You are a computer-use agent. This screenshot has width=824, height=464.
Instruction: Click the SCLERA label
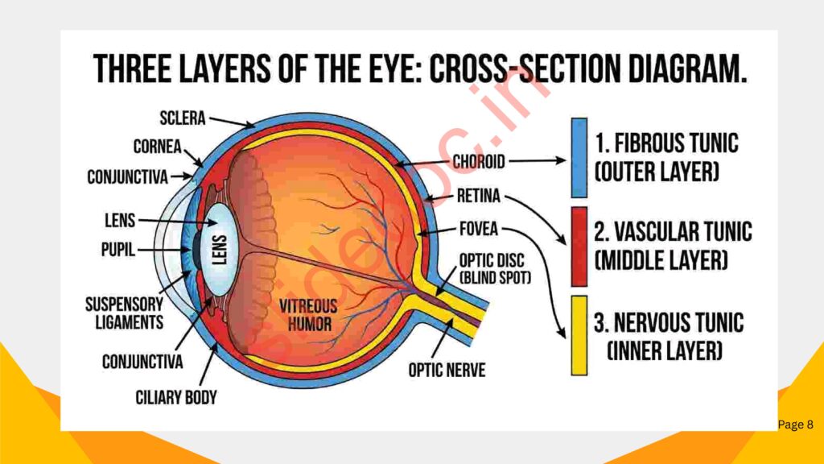click(182, 119)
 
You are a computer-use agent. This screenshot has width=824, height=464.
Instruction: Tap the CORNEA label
click(156, 147)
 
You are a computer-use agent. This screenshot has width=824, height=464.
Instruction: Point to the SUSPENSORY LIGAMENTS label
click(125, 313)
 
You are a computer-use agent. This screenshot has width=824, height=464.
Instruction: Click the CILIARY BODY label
click(175, 397)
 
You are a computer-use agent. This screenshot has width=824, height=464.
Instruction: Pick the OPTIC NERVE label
click(447, 371)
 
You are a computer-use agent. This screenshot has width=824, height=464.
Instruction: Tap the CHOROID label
click(478, 162)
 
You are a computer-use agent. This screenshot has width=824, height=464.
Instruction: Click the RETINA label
click(478, 196)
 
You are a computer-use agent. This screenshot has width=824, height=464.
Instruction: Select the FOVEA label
click(478, 230)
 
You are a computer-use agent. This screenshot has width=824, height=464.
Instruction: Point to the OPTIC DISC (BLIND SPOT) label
click(494, 269)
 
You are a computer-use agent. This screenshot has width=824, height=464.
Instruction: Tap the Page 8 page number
click(795, 425)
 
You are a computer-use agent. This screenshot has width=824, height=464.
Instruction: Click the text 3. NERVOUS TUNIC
click(668, 325)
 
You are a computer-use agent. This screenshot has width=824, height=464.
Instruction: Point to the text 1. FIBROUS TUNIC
click(666, 145)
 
